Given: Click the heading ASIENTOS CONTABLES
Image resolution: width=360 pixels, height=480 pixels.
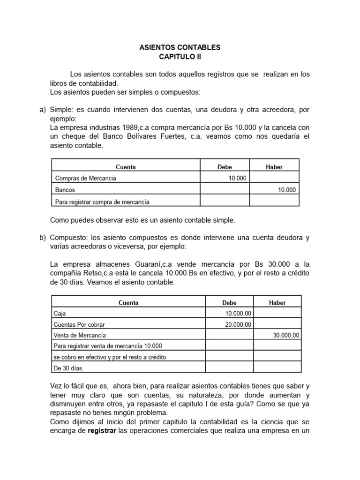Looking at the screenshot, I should (x=180, y=48).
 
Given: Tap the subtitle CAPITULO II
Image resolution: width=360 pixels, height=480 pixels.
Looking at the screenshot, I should (x=180, y=57).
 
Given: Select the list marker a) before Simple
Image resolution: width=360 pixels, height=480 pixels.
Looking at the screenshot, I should (x=41, y=110).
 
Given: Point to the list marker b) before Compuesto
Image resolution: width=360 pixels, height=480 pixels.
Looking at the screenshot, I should (x=41, y=238).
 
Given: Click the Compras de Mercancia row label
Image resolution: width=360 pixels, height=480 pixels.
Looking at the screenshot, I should (x=85, y=178).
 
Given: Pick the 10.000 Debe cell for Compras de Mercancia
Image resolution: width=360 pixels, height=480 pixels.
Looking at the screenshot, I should (x=237, y=178).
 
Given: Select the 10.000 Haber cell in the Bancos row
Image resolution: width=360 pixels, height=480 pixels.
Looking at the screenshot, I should (x=287, y=190).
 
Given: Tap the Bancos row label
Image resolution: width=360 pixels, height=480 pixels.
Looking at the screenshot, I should (x=65, y=190).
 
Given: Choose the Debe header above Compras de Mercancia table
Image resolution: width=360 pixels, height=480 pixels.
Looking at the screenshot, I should (x=225, y=167).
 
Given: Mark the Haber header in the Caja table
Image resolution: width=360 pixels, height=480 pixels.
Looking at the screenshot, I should (x=277, y=303).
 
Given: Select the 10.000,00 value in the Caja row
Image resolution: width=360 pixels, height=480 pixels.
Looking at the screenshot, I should (x=239, y=314).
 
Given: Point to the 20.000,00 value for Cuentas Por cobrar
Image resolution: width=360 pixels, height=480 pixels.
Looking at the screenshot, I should (x=239, y=324).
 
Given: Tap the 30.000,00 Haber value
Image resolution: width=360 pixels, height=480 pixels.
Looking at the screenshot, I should (x=286, y=335).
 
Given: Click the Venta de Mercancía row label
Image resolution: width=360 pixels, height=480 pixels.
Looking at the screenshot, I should (x=80, y=335).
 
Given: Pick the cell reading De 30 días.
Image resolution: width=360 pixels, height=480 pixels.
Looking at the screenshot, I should (x=68, y=368).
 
